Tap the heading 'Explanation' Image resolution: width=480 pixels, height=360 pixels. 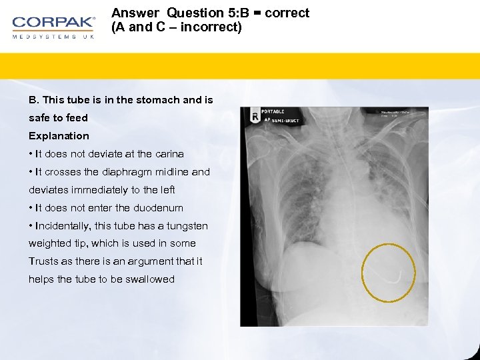pyautogui.click(x=59, y=136)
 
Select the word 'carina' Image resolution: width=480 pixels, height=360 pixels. pyautogui.click(x=168, y=154)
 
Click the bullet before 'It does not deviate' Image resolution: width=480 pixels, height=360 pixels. pyautogui.click(x=31, y=154)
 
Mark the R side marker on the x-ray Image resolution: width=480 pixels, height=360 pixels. pyautogui.click(x=254, y=117)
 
